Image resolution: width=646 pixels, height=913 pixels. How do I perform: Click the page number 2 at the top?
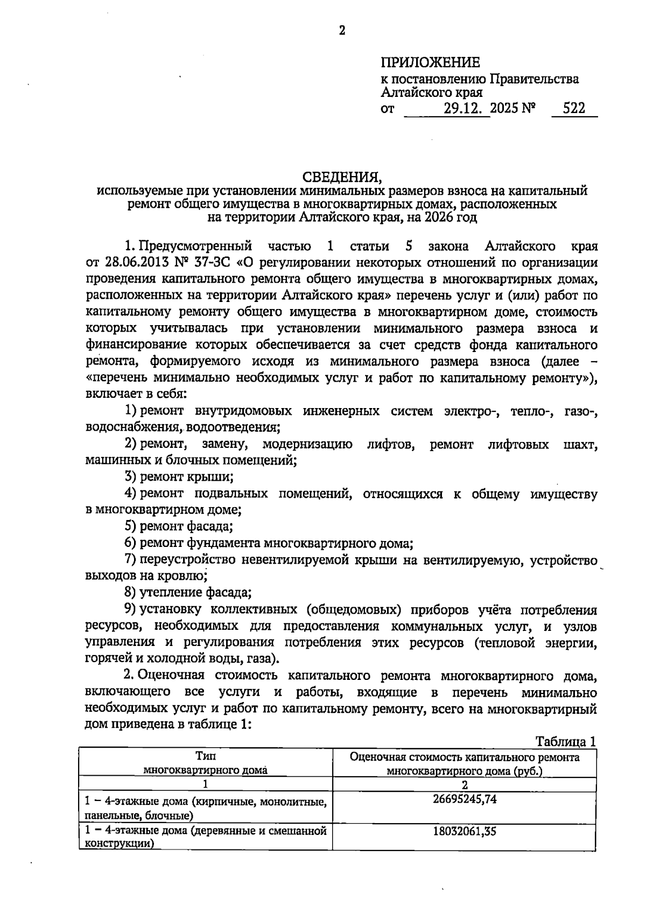[341, 30]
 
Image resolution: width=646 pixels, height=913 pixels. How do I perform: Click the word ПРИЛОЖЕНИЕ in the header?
[430, 62]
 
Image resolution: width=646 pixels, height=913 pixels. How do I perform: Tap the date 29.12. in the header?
[466, 109]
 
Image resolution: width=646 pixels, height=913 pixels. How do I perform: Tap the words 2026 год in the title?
[450, 218]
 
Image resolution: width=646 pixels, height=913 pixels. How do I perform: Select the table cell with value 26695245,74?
[464, 799]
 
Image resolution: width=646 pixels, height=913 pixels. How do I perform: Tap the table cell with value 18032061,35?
[464, 831]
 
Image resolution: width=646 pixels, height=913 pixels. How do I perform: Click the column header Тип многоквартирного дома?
[205, 763]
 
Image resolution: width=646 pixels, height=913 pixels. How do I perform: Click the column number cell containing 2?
[464, 784]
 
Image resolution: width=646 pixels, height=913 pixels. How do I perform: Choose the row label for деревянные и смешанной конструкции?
[205, 837]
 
